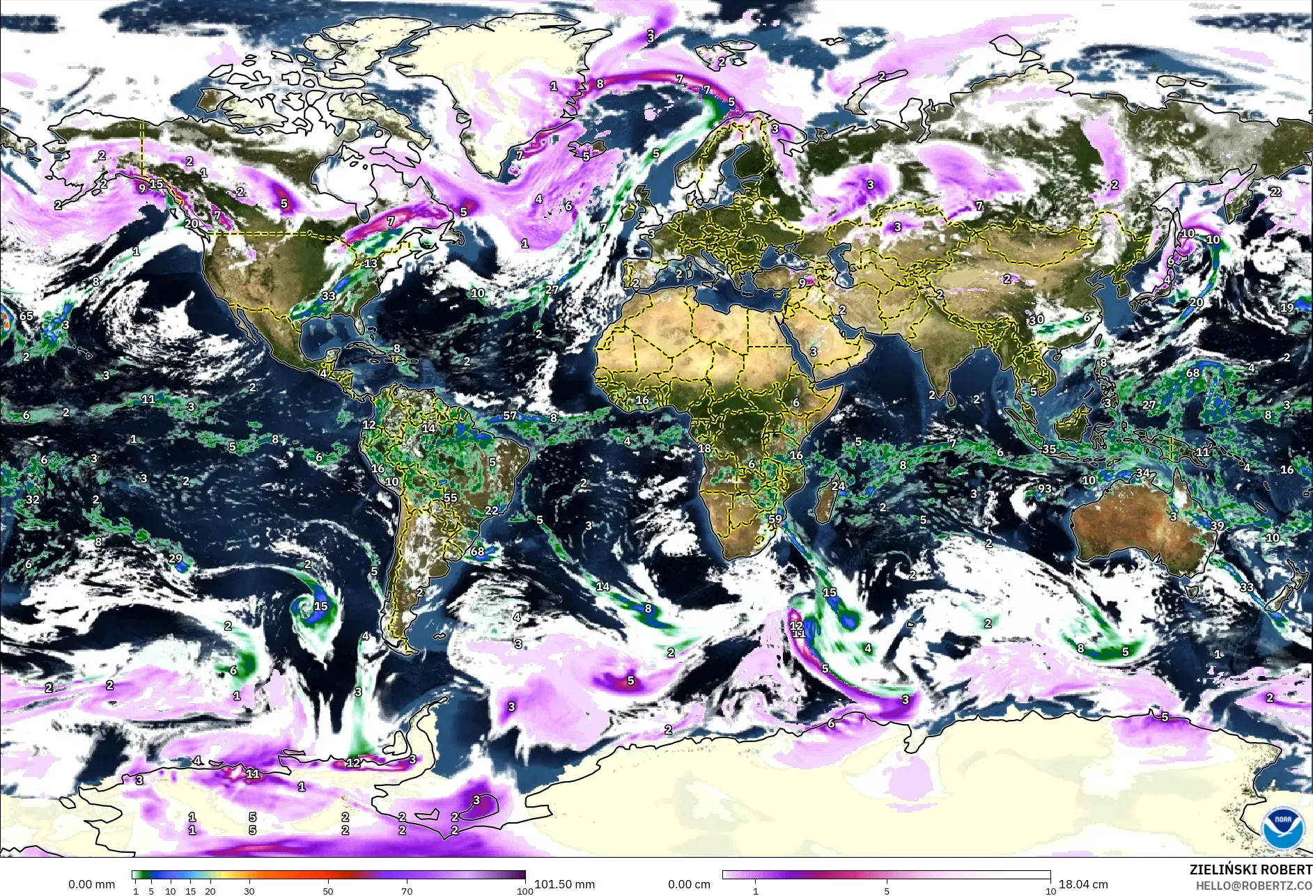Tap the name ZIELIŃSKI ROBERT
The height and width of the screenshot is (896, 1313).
point(1250,870)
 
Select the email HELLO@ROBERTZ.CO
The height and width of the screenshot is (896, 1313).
point(1254,886)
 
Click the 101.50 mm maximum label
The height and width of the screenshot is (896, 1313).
point(564,884)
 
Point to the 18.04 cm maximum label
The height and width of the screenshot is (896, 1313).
point(1083,884)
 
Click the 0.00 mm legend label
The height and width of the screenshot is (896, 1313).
point(91,884)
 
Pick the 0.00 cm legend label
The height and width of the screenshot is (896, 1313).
point(689,884)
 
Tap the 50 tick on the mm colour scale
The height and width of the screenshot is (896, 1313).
point(328,890)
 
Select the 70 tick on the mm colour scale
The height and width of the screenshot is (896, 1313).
point(407,890)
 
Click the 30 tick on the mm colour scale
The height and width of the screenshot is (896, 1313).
point(249,890)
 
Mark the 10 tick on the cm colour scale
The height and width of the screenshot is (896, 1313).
point(1050,890)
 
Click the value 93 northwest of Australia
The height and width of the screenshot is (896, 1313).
point(1044,489)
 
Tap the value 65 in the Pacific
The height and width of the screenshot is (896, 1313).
point(26,315)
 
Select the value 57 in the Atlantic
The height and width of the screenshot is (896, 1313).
point(511,416)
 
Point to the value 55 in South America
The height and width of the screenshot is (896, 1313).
point(451,498)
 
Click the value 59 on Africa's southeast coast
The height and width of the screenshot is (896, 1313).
point(775,519)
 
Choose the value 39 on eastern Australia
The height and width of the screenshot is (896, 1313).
point(1217,526)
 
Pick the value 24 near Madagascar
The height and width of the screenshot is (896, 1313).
point(838,486)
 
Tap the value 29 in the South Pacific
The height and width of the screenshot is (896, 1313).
point(176,558)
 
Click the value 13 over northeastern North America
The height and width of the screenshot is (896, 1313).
point(371,263)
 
